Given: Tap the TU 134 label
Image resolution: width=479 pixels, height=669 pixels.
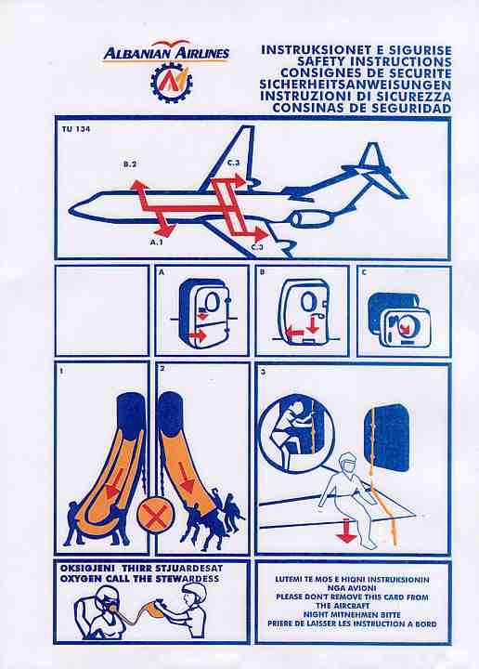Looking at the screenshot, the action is [x=76, y=129].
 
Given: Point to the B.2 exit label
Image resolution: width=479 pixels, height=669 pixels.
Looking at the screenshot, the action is [x=130, y=164].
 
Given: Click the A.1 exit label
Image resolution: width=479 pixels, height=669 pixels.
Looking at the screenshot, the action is [x=156, y=243].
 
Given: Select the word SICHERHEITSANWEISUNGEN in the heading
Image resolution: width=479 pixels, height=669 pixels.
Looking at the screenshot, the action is [x=356, y=85].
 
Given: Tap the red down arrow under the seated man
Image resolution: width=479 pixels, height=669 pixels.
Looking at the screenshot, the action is [x=346, y=531].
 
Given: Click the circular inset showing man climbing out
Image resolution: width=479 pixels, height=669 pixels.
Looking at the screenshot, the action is [x=297, y=434].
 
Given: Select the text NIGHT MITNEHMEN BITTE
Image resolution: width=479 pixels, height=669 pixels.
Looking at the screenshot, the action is [x=352, y=614].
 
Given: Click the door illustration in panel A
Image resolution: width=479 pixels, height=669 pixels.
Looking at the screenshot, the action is [x=206, y=311].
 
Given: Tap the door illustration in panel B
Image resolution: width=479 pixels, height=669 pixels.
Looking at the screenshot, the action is [x=305, y=311].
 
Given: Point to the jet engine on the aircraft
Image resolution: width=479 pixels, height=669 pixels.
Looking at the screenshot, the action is [x=310, y=219].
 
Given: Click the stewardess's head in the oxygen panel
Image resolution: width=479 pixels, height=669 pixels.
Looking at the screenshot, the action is [x=195, y=594].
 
